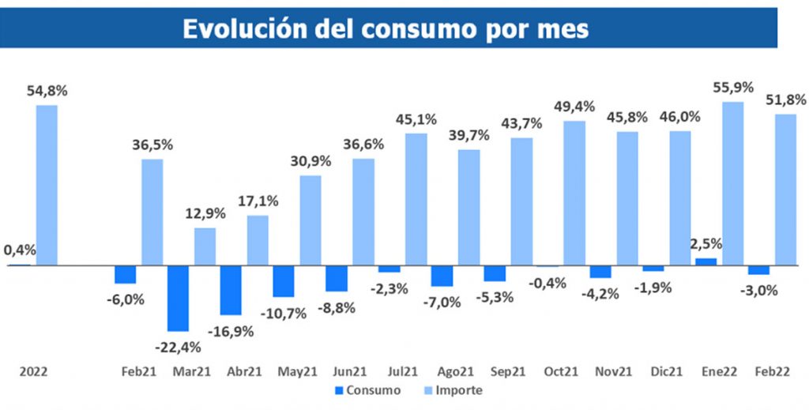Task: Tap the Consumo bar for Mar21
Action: point(178,298)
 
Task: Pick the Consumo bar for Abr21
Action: point(231,290)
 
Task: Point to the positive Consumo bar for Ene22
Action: point(706,261)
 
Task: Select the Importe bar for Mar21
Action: point(205,246)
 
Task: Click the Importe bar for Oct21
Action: point(574,193)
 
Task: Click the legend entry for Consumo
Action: point(367,390)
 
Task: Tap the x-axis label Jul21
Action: point(404,371)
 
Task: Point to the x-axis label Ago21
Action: point(457,371)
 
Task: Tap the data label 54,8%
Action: point(47,91)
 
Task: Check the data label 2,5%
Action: point(706,243)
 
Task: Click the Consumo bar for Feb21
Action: point(125,274)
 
